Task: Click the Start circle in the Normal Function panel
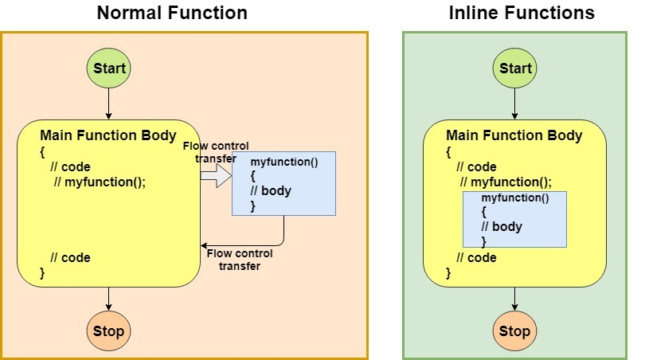[108, 68]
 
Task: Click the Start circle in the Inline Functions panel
[514, 68]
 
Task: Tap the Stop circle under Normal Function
[108, 331]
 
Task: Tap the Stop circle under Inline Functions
[514, 331]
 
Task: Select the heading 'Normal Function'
[172, 13]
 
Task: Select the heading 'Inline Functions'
[522, 13]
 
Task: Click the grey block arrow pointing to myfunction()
[217, 176]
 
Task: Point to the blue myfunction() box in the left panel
[283, 183]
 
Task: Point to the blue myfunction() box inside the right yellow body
[514, 219]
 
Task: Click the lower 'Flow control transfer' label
[240, 260]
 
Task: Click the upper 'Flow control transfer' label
[216, 152]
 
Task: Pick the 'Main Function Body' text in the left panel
[108, 135]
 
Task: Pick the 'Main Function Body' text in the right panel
[514, 135]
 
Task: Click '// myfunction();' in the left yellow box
[100, 182]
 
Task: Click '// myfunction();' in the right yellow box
[506, 182]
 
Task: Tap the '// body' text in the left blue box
[271, 191]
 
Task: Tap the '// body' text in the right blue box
[502, 227]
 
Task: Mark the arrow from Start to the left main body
[108, 104]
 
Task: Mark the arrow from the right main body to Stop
[514, 299]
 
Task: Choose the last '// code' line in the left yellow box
[70, 257]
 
